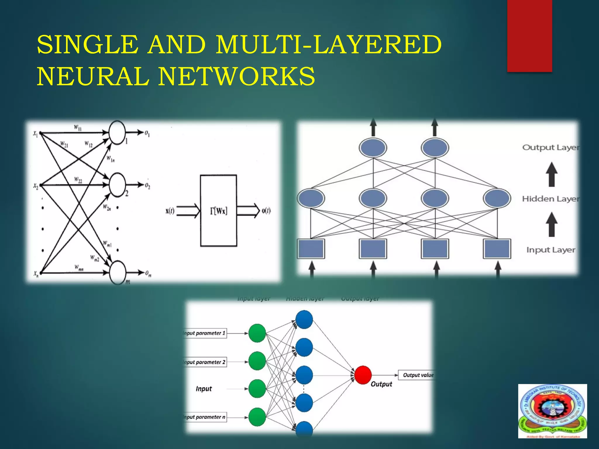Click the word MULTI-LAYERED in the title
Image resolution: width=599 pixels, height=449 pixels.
pos(328,44)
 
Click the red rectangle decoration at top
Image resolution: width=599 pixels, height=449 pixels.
pos(529,36)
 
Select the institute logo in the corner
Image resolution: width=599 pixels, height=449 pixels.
pos(552,411)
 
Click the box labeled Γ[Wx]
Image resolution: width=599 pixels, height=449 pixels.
pos(218,210)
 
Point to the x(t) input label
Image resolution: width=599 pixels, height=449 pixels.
pos(170,211)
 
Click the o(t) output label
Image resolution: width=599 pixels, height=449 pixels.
pos(266,211)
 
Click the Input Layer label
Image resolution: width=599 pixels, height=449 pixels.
pos(551,250)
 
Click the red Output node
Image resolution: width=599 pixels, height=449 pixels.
pos(363,375)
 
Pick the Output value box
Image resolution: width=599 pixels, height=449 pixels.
pos(417,375)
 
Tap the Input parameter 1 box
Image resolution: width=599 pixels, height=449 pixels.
pos(204,333)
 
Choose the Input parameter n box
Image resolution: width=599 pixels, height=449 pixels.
pos(204,417)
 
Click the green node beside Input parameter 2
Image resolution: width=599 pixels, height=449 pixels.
pos(257,361)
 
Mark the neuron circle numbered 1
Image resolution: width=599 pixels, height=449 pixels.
pos(117,133)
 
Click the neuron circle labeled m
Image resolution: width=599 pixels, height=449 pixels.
pos(117,272)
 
